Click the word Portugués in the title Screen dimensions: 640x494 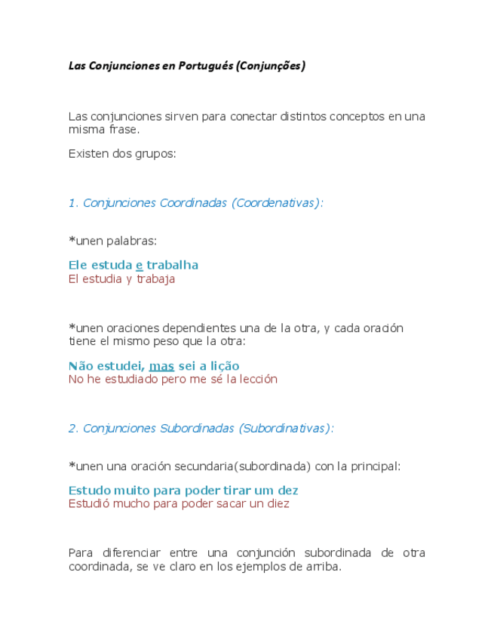pyautogui.click(x=205, y=66)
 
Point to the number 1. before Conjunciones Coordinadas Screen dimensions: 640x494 pyautogui.click(x=73, y=203)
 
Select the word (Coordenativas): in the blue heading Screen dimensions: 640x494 pyautogui.click(x=278, y=203)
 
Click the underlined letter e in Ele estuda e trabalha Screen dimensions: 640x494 pyautogui.click(x=139, y=265)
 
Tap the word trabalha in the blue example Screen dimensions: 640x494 pyautogui.click(x=173, y=265)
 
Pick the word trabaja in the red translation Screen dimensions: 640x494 pyautogui.click(x=155, y=278)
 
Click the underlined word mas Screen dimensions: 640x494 pyautogui.click(x=161, y=366)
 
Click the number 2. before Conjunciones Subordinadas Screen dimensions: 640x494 pyautogui.click(x=73, y=428)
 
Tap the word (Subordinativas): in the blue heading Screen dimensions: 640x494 pyautogui.click(x=286, y=428)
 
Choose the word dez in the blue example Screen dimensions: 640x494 pyautogui.click(x=288, y=491)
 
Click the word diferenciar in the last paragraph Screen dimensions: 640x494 pyautogui.click(x=133, y=552)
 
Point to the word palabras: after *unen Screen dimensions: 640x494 pyautogui.click(x=132, y=241)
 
